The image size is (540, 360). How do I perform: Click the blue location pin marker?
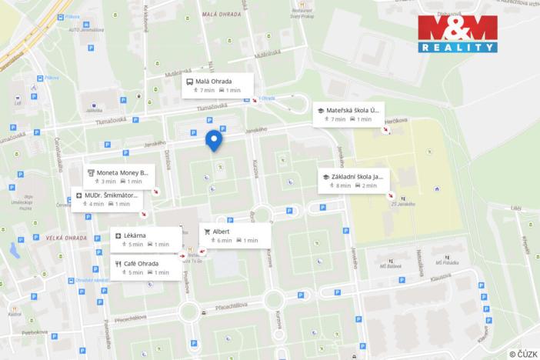pyautogui.click(x=215, y=140)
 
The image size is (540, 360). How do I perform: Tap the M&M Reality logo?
pyautogui.click(x=457, y=34)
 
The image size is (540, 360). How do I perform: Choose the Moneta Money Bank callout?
pyautogui.click(x=117, y=177)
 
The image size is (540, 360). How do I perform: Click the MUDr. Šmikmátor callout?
pyautogui.click(x=108, y=199)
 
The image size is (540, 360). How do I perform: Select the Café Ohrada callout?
pyautogui.click(x=146, y=267)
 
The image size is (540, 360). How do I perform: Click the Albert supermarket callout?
pyautogui.click(x=235, y=235)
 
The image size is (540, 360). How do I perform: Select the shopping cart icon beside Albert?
pyautogui.click(x=207, y=231)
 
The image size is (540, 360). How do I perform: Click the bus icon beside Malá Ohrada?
pyautogui.click(x=190, y=81)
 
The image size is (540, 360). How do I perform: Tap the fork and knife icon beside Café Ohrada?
pyautogui.click(x=118, y=263)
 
